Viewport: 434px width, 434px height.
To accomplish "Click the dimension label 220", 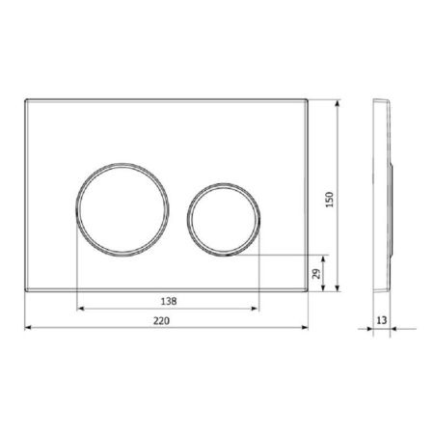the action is pos(161,320).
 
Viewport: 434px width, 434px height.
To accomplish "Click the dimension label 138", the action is pos(169,301).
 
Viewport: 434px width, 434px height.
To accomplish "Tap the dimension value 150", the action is pos(330,200).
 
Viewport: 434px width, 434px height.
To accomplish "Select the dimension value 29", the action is pos(316,274).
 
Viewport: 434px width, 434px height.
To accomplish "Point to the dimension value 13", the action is pos(382,320).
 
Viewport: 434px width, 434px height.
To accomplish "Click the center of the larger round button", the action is pos(122,209).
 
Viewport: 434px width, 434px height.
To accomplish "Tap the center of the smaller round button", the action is pos(224,220).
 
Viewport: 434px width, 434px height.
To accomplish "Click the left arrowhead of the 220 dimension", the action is pos(28,328).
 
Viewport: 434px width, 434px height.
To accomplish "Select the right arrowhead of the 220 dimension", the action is pos(305,328).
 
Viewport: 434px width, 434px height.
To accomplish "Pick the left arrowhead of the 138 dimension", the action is pos(81,309).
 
